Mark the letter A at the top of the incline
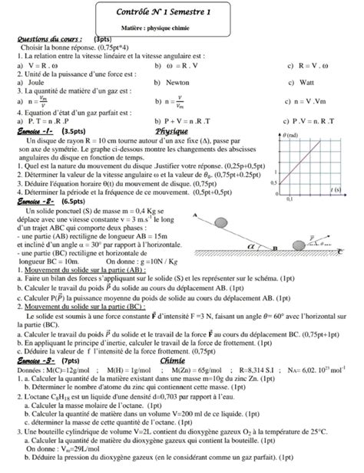pos(196,214)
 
